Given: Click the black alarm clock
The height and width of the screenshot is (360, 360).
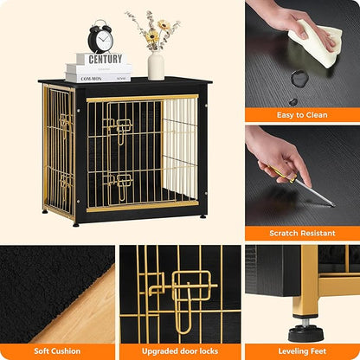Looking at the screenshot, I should [100, 37].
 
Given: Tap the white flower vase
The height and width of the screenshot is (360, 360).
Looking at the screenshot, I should [156, 65].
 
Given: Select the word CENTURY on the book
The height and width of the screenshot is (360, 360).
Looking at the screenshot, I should [104, 60].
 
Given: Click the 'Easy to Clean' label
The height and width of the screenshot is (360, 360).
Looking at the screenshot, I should [302, 114].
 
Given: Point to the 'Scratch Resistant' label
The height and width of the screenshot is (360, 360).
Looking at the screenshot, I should [302, 233].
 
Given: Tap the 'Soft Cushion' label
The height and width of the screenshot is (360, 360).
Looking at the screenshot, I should [57, 351].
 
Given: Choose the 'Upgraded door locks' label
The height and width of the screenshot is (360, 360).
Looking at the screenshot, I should [179, 351].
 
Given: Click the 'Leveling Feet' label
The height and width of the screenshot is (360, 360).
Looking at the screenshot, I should [302, 351].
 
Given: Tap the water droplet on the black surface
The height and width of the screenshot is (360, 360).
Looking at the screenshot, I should [299, 78].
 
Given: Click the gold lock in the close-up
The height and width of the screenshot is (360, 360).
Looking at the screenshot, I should [192, 290].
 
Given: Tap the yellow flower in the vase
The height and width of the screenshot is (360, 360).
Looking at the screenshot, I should [151, 37].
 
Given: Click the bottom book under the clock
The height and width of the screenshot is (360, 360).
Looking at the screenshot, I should [99, 76].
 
